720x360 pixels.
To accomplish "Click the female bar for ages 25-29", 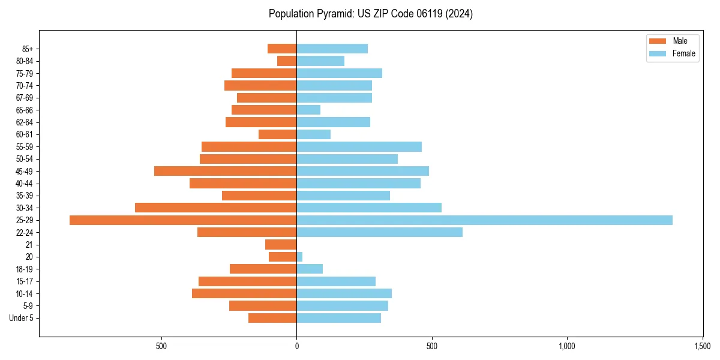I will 484,220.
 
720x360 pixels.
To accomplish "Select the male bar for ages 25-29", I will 183,220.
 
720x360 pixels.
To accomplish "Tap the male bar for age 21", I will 281,245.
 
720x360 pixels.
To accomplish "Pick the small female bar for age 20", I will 299,257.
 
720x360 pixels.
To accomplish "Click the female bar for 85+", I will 332,49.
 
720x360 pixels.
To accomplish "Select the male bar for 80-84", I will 287,61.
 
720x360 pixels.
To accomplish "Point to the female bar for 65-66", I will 308,110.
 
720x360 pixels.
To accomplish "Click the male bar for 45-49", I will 225,171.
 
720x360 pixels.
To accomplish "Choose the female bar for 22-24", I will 379,232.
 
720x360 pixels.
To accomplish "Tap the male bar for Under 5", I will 272,318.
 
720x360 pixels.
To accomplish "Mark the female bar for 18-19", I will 310,269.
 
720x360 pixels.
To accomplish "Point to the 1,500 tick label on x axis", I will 703,346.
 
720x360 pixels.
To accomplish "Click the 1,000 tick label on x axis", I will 567,346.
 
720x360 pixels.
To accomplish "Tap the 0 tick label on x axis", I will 296,346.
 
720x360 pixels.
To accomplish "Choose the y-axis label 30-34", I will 25,208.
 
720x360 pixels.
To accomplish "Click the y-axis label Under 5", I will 21,318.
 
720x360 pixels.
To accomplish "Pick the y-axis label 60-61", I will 25,134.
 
